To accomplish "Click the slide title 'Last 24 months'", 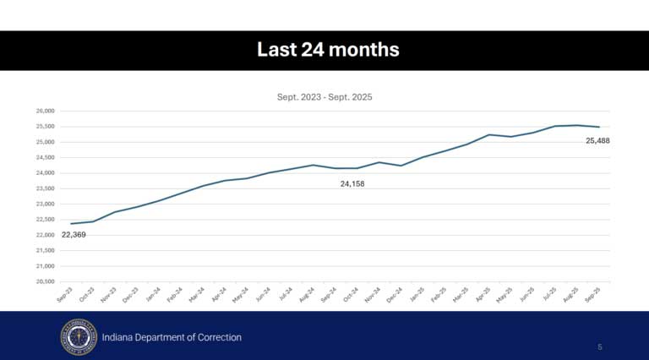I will point(328,51).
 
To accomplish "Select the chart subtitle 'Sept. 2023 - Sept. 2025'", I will point(324,97).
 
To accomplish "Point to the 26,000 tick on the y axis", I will point(44,112).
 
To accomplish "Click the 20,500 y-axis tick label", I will point(44,281).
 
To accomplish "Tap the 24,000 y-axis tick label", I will point(44,173).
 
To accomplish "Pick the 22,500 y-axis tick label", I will point(44,220).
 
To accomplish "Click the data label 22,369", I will point(74,234).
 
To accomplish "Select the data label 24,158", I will point(353,183).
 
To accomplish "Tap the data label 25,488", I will point(597,140).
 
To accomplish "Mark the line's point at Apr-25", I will point(488,134).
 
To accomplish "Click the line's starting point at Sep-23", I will point(71,224).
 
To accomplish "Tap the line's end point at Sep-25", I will point(599,127).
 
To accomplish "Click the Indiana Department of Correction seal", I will point(78,337).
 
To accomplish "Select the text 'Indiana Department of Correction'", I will point(172,337).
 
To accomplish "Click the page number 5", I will point(599,346).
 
